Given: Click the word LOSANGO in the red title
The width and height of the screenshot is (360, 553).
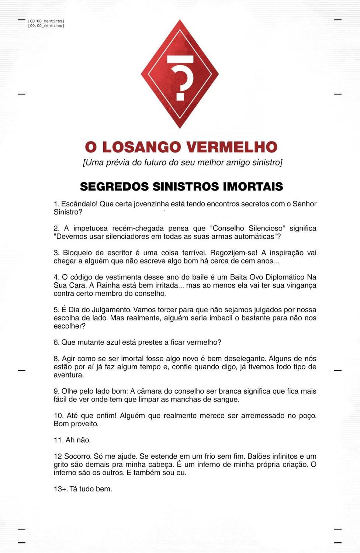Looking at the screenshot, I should [x=142, y=147].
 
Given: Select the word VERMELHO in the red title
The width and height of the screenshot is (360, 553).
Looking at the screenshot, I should [x=232, y=147].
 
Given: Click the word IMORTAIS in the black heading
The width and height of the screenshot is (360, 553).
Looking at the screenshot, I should [x=253, y=187].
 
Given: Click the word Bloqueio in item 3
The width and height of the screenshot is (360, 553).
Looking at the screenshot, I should [x=77, y=253].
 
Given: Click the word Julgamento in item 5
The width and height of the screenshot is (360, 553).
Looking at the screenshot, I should [x=111, y=310].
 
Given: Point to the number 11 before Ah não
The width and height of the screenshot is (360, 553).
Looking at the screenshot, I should [x=58, y=440].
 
